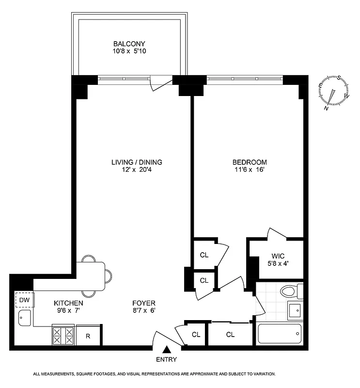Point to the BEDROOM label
pos(249,162)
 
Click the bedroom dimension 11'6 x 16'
pos(249,170)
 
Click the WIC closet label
pos(278,256)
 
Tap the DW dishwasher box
pos(24,300)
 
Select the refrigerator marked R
pos(88,336)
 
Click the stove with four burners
pos(63,336)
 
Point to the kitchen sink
pos(24,318)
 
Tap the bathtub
pos(279,334)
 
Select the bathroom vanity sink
pos(294,309)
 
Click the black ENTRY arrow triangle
pos(166,349)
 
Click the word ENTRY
pos(166,360)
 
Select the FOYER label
pos(144,304)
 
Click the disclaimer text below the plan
pos(154,374)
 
